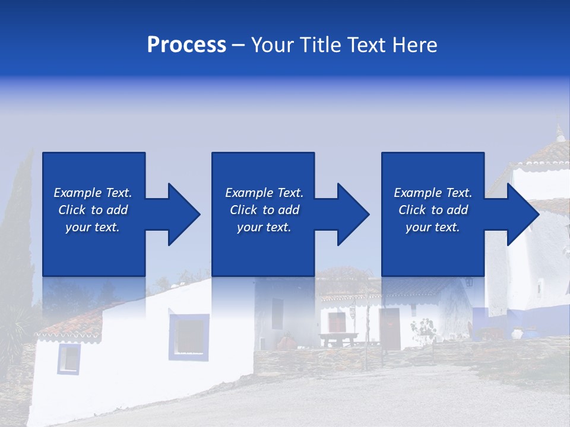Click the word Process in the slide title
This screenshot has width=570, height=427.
coord(186,45)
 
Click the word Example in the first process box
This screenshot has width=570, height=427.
coord(77,193)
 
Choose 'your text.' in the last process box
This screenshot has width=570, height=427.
coord(432,227)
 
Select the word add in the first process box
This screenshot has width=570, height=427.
coord(117,210)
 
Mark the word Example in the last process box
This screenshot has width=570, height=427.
coord(417,193)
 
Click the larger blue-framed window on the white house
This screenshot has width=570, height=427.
coord(189,336)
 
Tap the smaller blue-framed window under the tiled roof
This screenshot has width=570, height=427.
coord(68,358)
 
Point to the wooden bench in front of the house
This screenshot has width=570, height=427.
coord(338,339)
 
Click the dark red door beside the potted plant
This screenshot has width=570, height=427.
coord(390,328)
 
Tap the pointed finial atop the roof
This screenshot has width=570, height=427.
coord(559,132)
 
